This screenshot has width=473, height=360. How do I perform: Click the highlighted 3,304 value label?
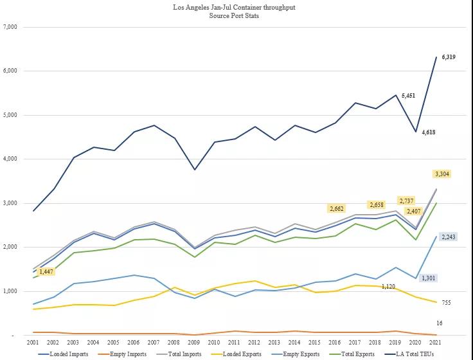pos(442,174)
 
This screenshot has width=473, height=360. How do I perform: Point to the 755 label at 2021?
pos(447,302)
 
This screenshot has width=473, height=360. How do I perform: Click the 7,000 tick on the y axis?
pos(10,27)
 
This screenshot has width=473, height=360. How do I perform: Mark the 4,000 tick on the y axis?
pos(10,159)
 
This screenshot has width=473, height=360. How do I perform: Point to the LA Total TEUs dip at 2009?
pos(194,169)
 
